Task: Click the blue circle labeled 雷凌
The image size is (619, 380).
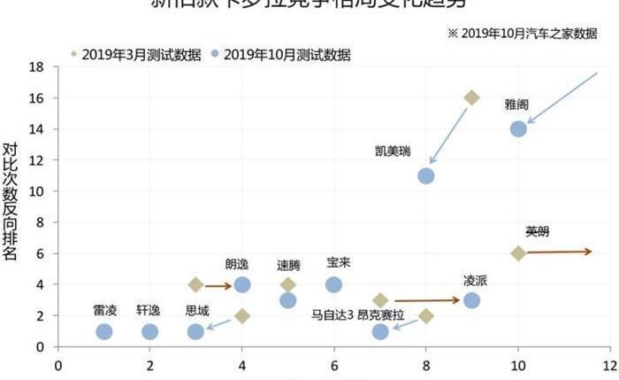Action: point(104,331)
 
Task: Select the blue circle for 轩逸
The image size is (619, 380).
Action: point(150,331)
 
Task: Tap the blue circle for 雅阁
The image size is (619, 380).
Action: point(518,128)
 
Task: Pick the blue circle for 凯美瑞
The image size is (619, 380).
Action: point(426,175)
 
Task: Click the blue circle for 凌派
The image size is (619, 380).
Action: point(472,300)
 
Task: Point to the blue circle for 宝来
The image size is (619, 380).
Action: point(334,284)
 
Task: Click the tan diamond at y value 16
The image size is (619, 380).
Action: point(472,97)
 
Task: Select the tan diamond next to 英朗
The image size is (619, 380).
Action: point(518,253)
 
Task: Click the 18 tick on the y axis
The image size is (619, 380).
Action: point(36,66)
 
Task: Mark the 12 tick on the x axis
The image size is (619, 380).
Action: point(609,363)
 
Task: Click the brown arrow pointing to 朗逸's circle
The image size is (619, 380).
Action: point(217,285)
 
